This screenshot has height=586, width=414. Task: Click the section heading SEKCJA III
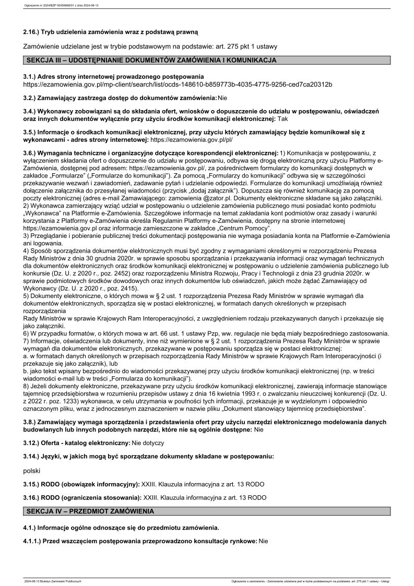pos(151,61)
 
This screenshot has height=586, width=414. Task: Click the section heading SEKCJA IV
pos(91,511)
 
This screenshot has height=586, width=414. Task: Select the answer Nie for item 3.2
pos(222,98)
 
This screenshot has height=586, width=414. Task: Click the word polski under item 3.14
pos(32,471)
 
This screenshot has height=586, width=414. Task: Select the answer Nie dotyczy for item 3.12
pos(148,443)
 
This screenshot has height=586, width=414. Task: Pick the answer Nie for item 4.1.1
pos(263,541)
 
